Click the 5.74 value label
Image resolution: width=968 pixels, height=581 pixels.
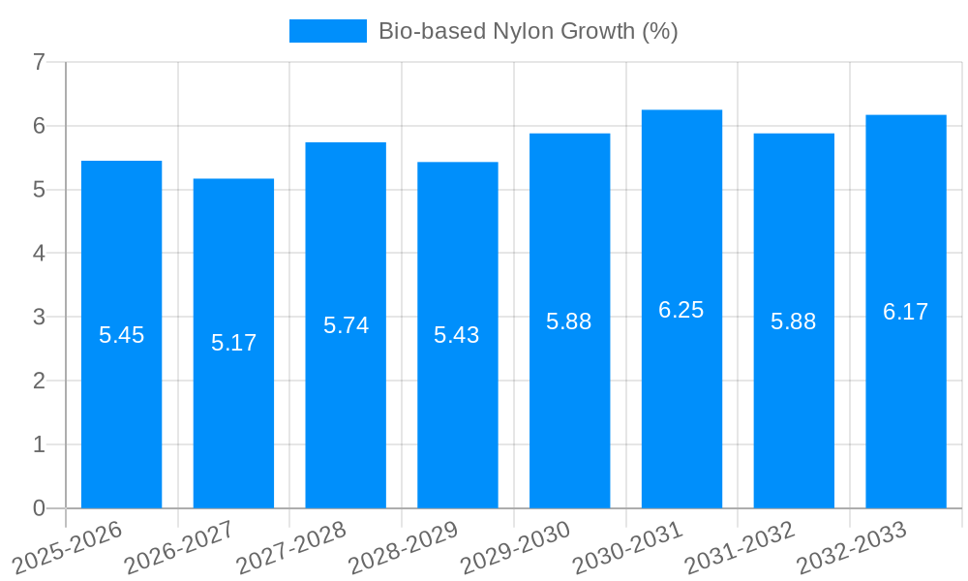tap(346, 325)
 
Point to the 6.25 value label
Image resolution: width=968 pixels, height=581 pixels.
tap(681, 310)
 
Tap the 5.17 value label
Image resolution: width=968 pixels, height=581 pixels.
tap(233, 343)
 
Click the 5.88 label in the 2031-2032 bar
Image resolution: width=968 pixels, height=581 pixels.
tap(793, 321)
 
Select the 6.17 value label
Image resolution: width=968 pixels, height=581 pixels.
tap(905, 312)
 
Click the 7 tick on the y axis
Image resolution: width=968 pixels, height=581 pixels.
tap(39, 63)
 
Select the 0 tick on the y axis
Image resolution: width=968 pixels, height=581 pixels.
tap(39, 508)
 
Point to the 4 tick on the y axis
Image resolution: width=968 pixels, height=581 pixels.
tap(39, 254)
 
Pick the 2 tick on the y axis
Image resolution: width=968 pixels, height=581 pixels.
tap(39, 381)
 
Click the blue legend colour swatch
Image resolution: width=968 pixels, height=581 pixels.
tap(328, 31)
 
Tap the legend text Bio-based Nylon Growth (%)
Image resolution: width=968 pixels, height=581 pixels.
tap(528, 31)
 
